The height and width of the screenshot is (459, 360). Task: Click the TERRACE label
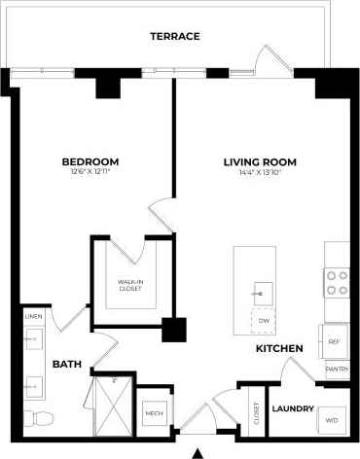(175, 36)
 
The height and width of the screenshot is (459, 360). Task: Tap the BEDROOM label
(90, 161)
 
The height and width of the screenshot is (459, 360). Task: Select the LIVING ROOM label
(259, 161)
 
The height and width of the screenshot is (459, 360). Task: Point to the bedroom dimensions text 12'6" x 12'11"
(90, 172)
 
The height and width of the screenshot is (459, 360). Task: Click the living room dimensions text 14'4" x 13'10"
(259, 172)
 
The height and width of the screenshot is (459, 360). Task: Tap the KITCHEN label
(279, 348)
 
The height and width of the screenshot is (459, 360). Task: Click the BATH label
(66, 364)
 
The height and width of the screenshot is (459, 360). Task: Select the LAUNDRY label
(292, 408)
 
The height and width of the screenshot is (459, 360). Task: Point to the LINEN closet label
(33, 317)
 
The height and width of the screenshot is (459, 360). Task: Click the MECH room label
(155, 413)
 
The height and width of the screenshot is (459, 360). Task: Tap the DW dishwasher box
(264, 320)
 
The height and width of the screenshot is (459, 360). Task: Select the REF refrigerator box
(334, 341)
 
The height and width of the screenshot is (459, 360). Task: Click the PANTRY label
(337, 370)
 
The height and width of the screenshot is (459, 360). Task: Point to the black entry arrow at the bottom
(198, 452)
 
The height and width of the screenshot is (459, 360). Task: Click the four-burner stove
(337, 282)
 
